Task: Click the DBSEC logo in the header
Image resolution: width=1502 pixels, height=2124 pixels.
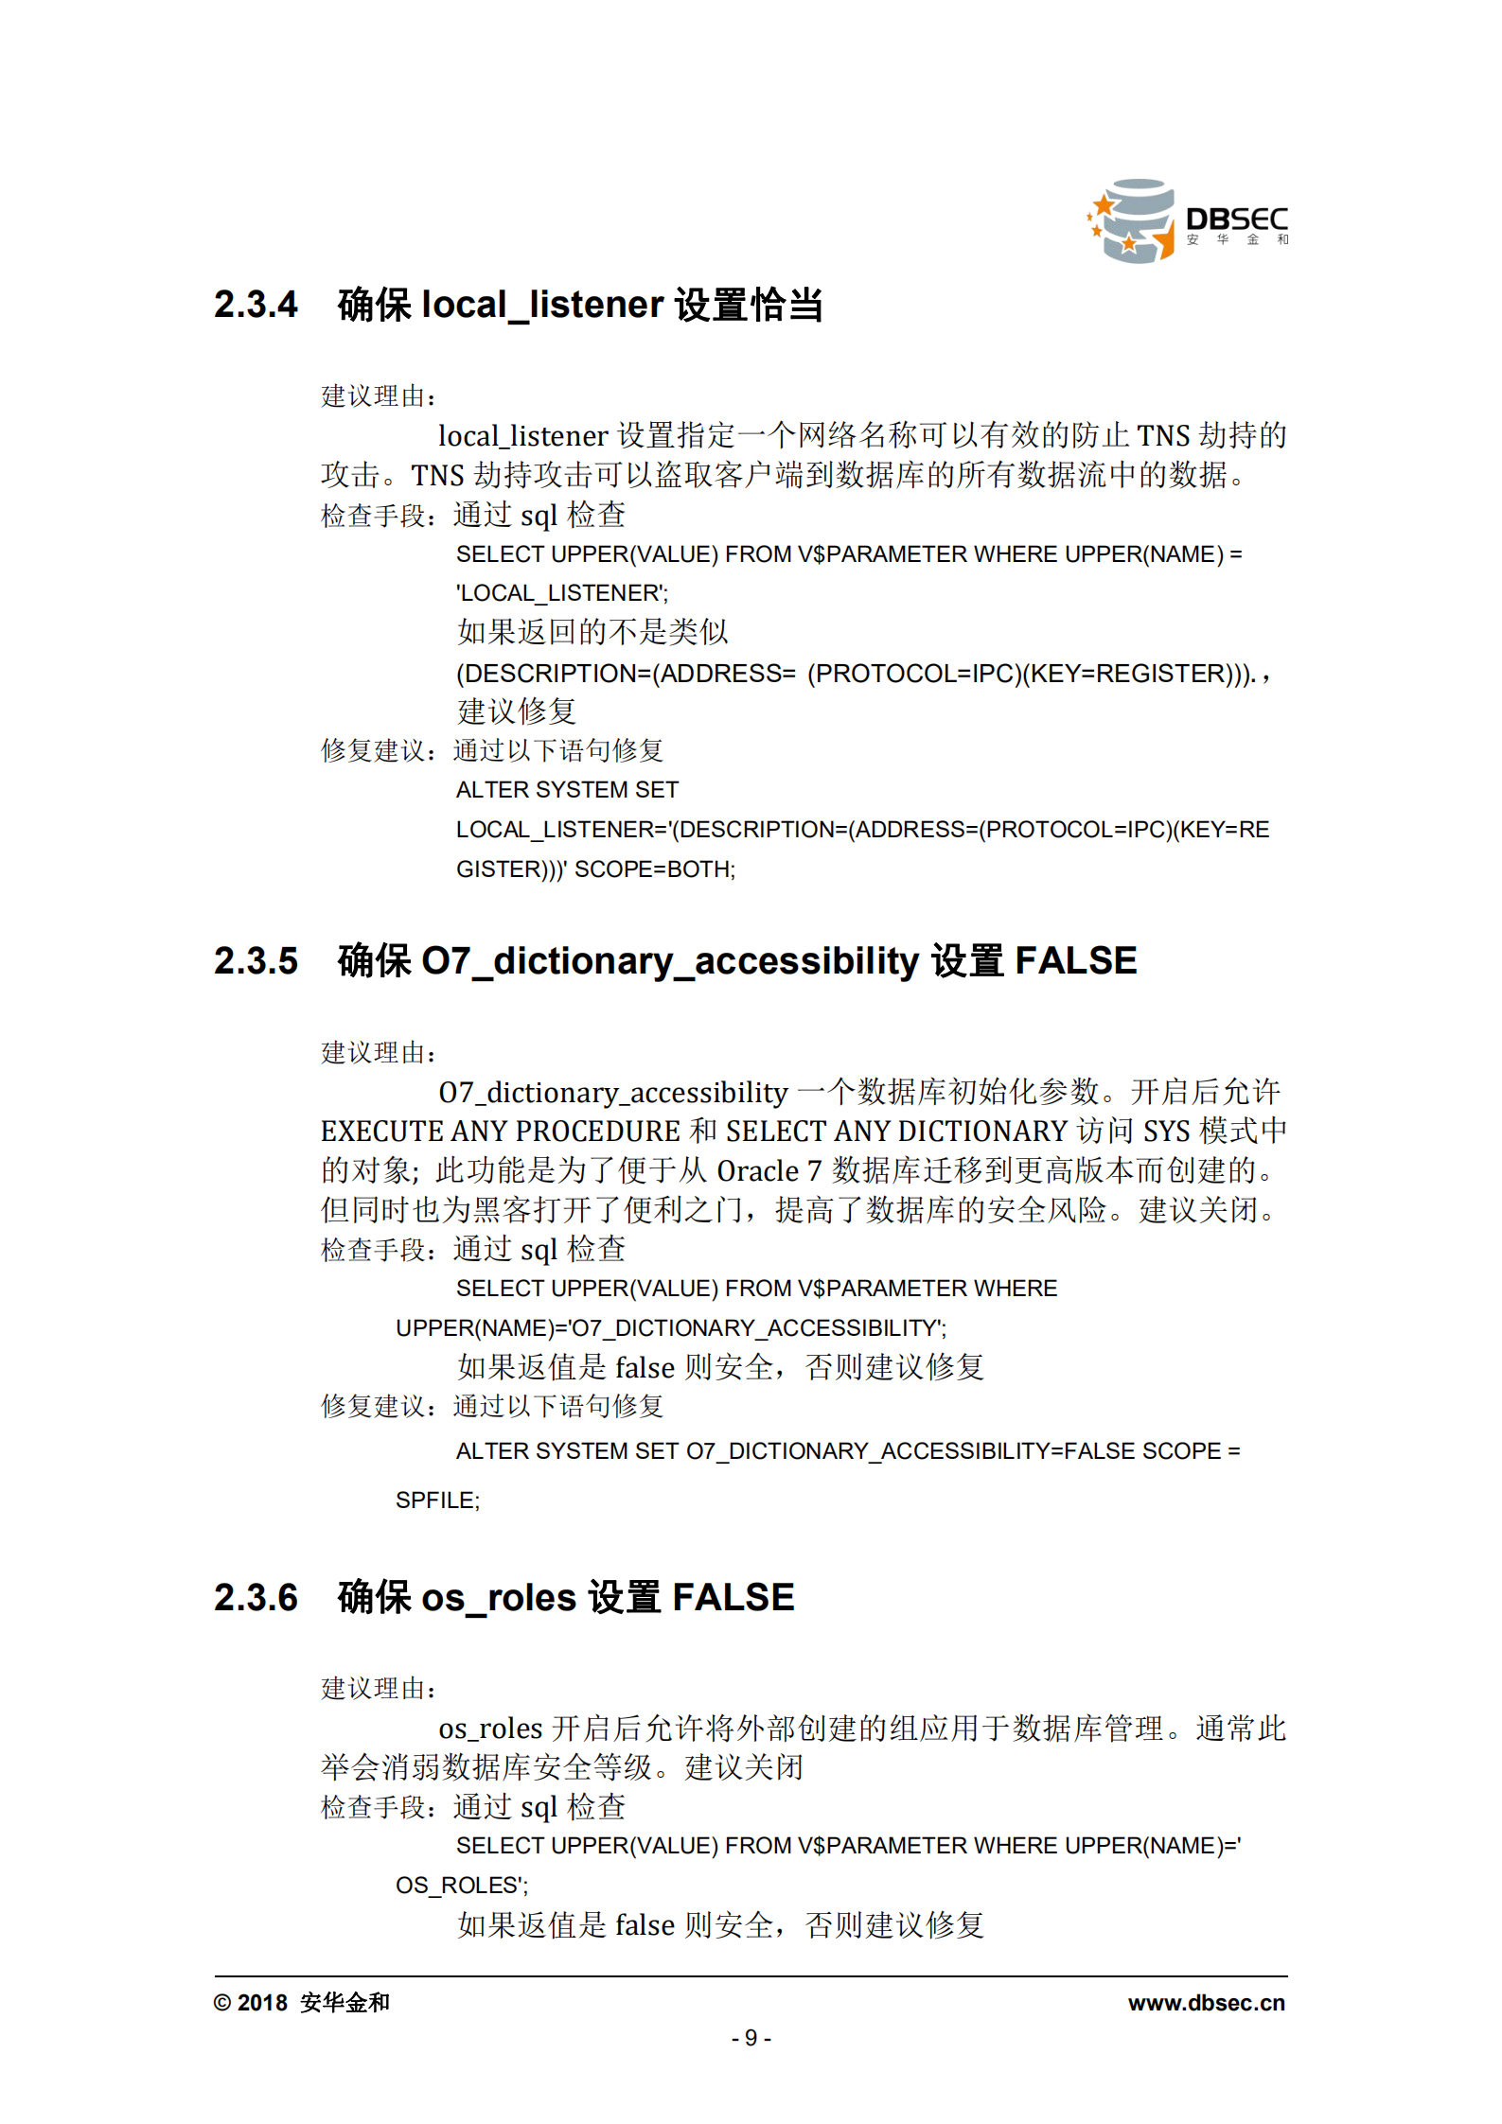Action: [x=1188, y=221]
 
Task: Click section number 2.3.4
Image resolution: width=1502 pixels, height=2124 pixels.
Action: [x=256, y=305]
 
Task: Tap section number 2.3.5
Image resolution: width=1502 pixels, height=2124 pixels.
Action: [x=256, y=961]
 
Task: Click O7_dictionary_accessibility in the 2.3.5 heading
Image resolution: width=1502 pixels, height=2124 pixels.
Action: [x=670, y=961]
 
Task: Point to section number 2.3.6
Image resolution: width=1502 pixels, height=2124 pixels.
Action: [x=256, y=1598]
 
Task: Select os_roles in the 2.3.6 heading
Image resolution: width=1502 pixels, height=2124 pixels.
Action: [x=499, y=1598]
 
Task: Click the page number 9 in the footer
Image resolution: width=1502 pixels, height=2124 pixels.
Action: [x=751, y=2038]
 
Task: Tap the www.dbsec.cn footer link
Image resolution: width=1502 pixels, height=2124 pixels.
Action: [x=1206, y=2003]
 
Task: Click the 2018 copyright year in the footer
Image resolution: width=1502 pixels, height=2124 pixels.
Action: [x=262, y=2003]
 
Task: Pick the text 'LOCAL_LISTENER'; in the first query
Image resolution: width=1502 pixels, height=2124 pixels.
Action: [x=562, y=593]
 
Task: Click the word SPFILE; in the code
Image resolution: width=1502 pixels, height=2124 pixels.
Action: [x=437, y=1501]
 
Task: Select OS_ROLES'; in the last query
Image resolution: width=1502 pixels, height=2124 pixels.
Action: [x=462, y=1886]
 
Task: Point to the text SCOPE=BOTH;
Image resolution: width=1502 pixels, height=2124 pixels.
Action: [x=655, y=869]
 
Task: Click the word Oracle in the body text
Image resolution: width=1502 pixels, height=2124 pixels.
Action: [x=757, y=1171]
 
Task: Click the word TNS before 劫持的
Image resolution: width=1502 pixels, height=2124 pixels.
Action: [x=1163, y=435]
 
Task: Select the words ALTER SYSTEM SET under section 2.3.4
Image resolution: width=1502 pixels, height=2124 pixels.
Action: [x=567, y=790]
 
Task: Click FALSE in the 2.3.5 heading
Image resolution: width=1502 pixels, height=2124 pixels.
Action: [x=1075, y=961]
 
